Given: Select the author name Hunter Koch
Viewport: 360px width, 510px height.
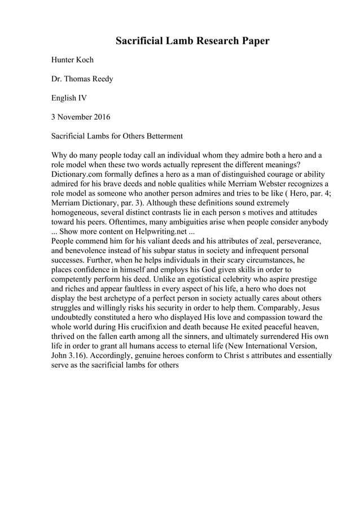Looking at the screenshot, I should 72,59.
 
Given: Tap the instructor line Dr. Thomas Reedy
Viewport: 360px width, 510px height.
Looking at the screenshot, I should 82,79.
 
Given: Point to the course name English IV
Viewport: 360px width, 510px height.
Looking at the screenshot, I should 69,98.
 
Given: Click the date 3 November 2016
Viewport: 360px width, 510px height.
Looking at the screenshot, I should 81,117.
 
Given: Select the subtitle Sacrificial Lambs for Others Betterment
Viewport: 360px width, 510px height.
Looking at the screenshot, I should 117,136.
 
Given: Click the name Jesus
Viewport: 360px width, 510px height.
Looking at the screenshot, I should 312,308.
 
